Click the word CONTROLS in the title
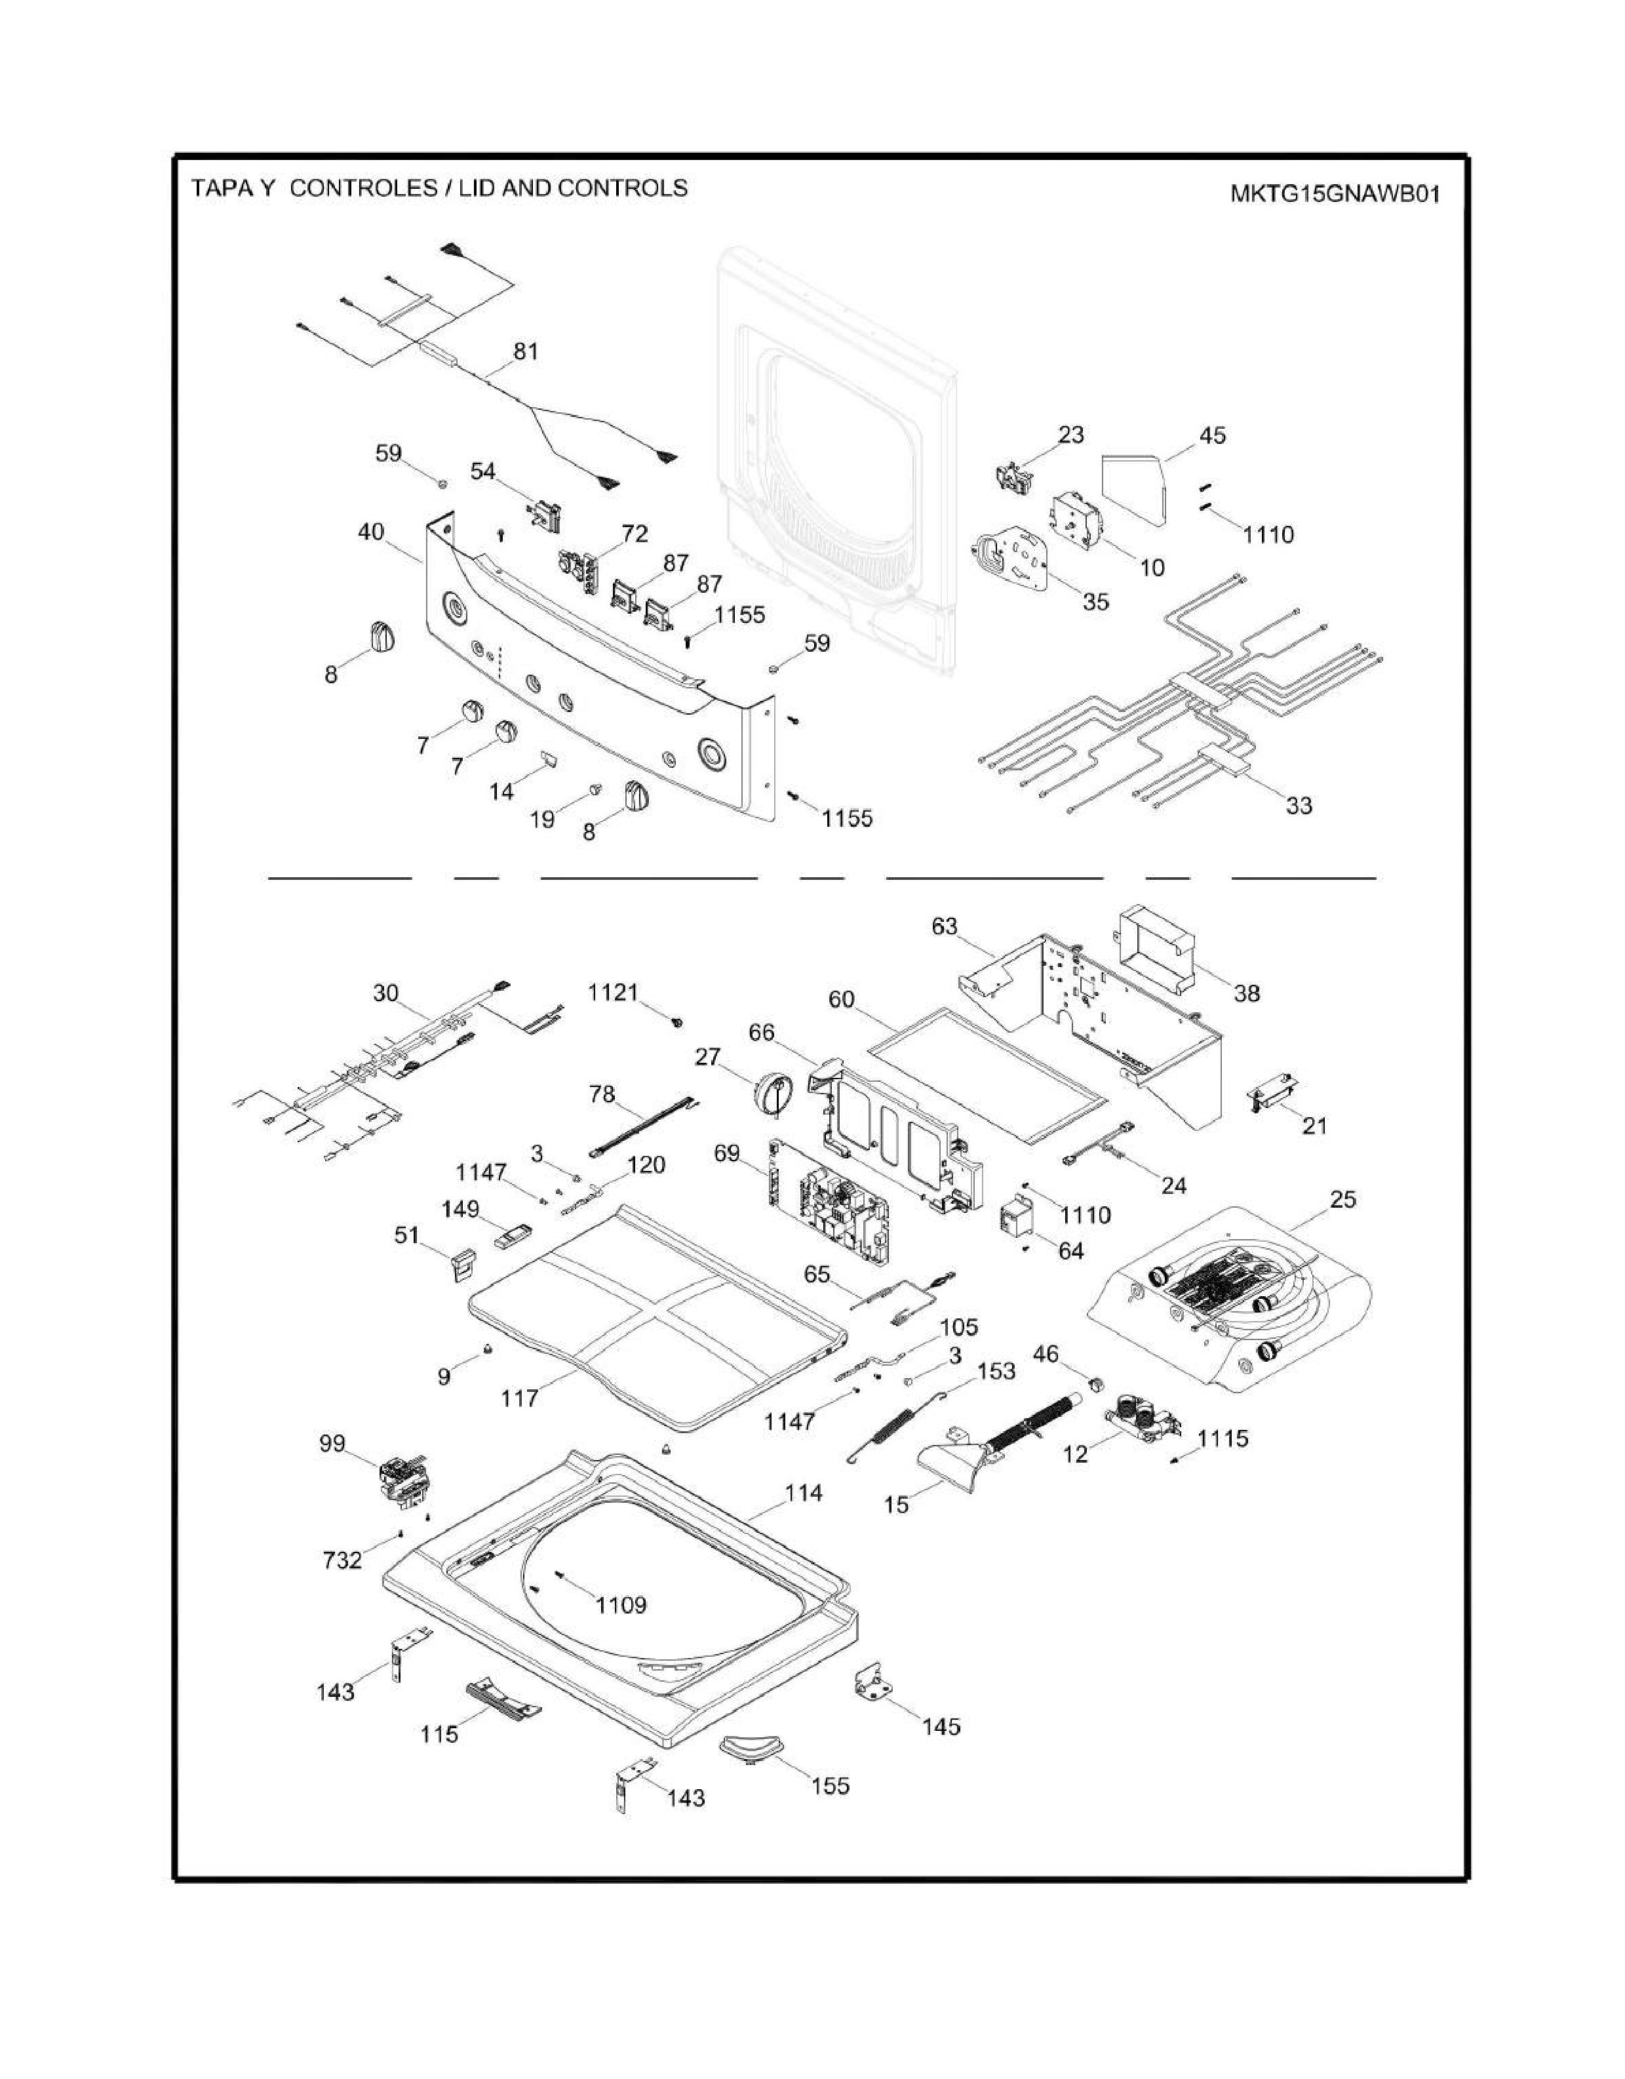click(623, 188)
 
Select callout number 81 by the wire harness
click(526, 351)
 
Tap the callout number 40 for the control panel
click(370, 531)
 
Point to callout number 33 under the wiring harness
click(1299, 805)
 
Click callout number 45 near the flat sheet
click(1212, 435)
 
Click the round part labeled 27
click(773, 1091)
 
